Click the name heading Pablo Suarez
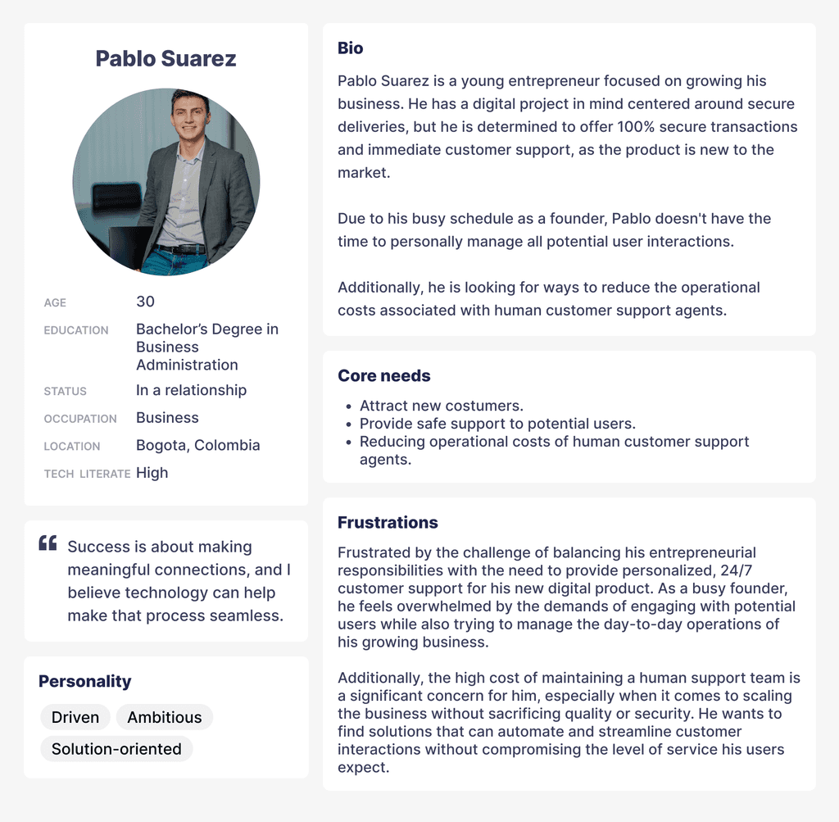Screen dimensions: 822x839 [166, 59]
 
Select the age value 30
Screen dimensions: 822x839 [145, 302]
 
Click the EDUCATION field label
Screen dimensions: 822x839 [76, 330]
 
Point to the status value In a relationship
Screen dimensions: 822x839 [191, 390]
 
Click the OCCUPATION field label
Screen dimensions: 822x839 [80, 419]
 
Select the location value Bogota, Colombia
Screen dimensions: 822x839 [197, 445]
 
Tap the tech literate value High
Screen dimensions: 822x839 [152, 473]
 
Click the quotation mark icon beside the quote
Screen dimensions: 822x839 [48, 543]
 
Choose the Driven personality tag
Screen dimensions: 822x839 [75, 717]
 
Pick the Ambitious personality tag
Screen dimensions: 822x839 [164, 717]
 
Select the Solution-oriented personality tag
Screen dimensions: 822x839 [116, 749]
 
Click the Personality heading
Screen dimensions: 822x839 [84, 681]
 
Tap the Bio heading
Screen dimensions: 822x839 [350, 48]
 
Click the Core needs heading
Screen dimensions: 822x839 [383, 376]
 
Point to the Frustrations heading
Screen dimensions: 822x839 [388, 523]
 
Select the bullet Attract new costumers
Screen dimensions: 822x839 [441, 406]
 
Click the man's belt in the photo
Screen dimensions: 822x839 [180, 248]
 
